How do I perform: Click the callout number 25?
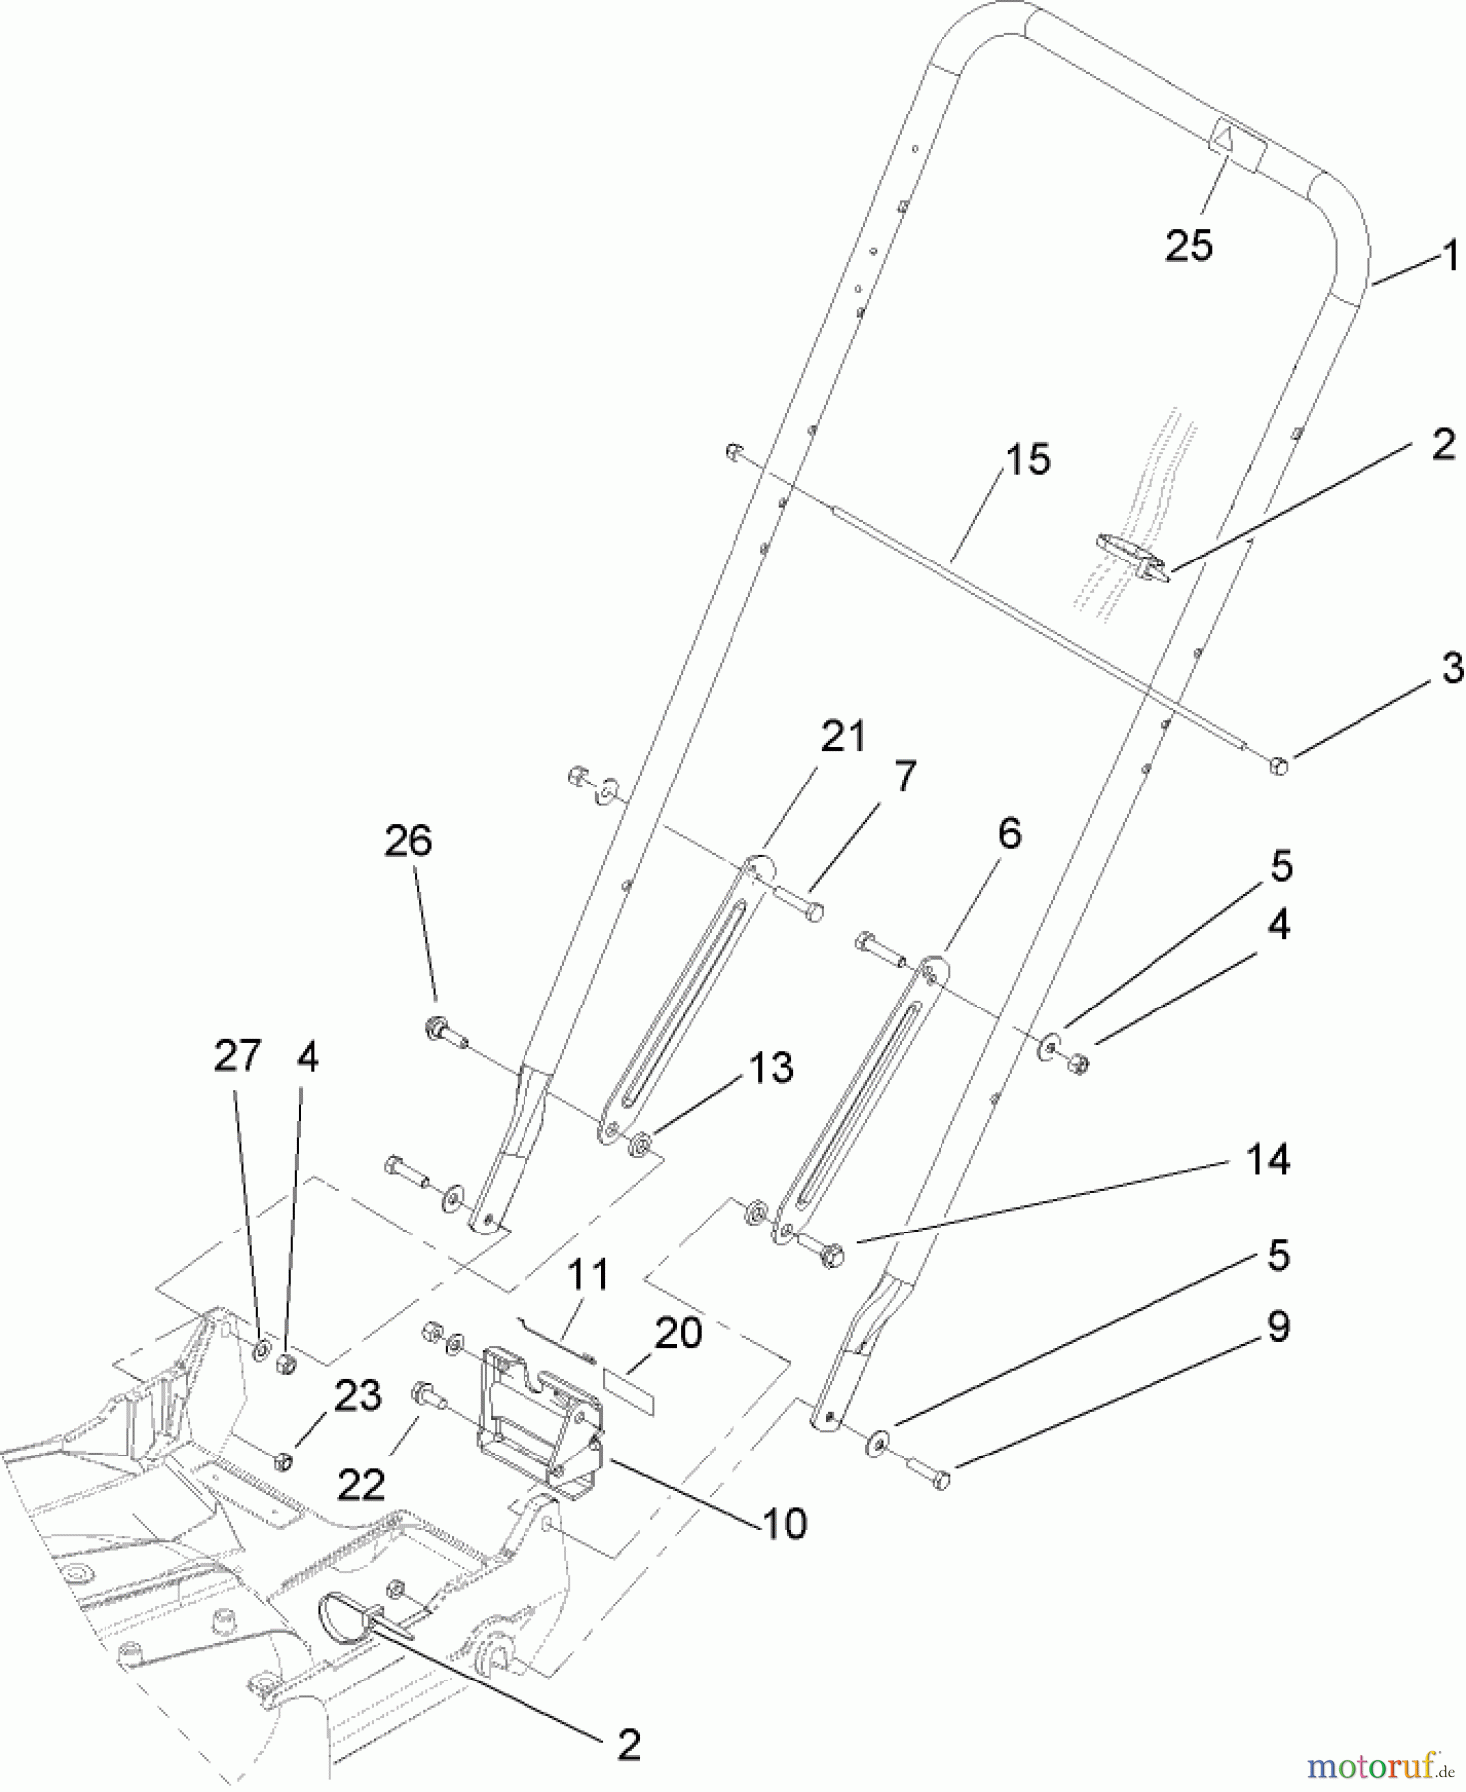[1189, 245]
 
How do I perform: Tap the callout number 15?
[1028, 460]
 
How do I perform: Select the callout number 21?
[843, 737]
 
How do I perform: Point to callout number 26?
[409, 841]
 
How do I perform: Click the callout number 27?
[237, 1056]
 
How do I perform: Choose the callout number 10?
[785, 1523]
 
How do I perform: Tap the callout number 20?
[678, 1333]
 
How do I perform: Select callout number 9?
[1278, 1326]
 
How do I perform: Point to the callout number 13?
[772, 1068]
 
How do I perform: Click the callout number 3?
[1452, 668]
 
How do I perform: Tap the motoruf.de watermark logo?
[1379, 1767]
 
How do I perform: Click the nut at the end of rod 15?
[1280, 766]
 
